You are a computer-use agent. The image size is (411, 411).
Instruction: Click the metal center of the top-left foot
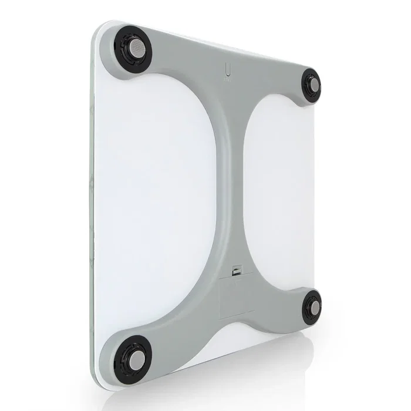[134, 49]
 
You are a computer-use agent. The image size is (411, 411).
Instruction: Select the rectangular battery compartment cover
[237, 297]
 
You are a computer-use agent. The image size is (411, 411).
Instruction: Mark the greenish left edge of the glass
[95, 206]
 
